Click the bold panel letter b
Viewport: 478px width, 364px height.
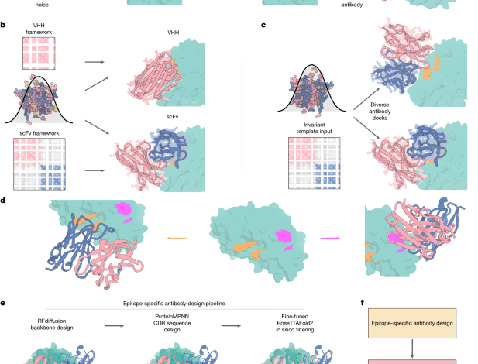coord(4,26)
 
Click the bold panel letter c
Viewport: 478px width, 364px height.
coord(263,26)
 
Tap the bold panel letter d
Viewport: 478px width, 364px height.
coord(4,201)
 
